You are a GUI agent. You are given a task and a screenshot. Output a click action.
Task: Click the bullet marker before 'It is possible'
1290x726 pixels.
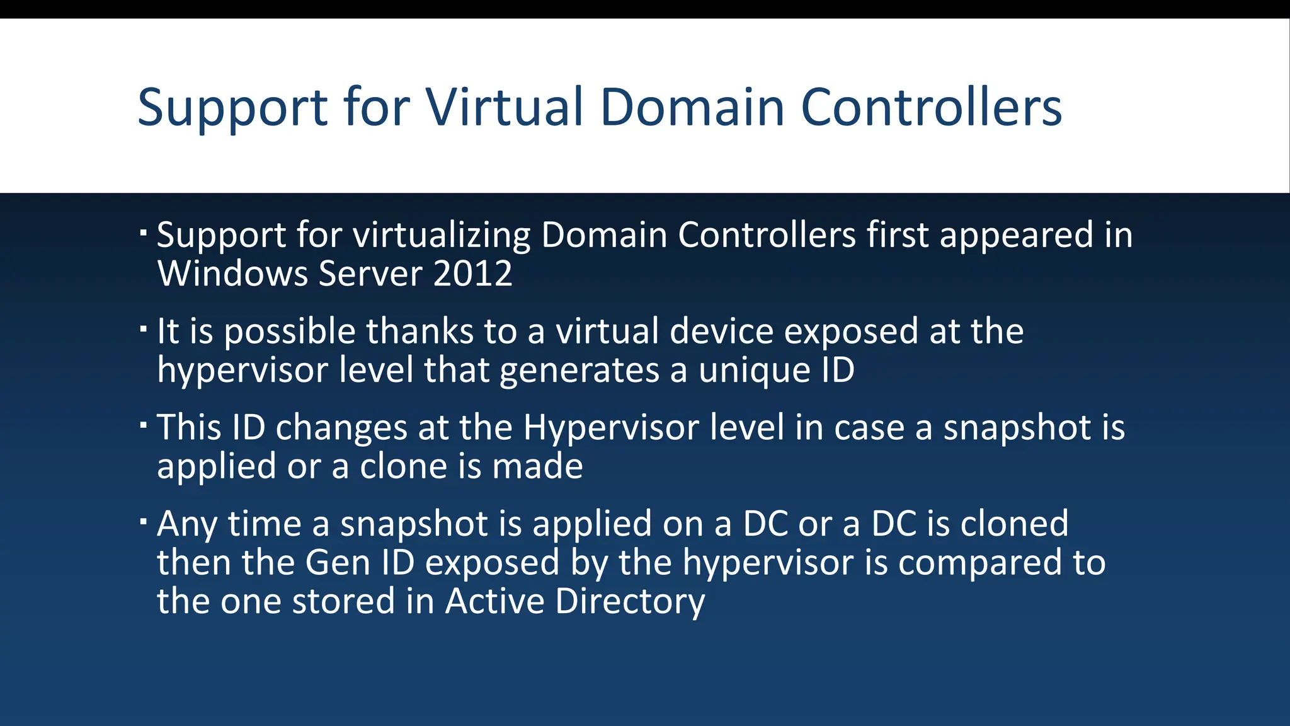tap(144, 328)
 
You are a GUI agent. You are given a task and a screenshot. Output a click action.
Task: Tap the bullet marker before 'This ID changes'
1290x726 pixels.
tap(144, 425)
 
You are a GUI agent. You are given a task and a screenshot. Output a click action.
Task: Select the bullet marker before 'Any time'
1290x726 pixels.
tap(144, 521)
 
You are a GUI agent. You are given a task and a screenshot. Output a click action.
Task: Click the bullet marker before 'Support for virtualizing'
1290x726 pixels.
tap(144, 233)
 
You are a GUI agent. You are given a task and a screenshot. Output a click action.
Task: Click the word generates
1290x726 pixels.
tap(579, 370)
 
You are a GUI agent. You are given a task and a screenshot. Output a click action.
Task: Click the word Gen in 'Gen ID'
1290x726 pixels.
tap(338, 562)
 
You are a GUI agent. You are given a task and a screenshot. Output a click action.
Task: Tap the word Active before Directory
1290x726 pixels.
tap(495, 601)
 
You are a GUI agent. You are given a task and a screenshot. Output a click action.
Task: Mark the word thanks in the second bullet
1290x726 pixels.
tap(420, 331)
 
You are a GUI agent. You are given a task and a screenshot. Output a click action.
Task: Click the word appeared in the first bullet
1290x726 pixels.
tap(1016, 235)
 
